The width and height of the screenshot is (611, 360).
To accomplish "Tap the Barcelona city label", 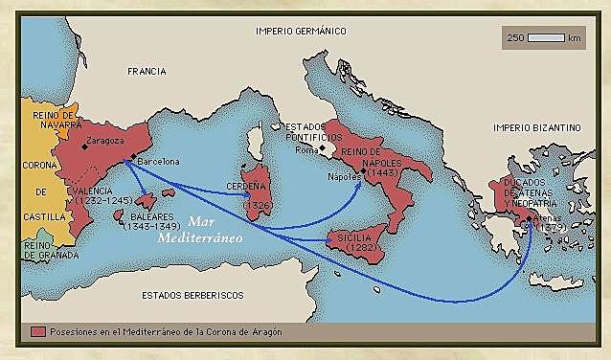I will tap(158, 162).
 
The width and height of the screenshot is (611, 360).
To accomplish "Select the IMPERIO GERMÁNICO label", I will tap(300, 31).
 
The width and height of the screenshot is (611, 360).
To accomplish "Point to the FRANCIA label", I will tap(147, 71).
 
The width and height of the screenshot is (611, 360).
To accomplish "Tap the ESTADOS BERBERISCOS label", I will tap(192, 294).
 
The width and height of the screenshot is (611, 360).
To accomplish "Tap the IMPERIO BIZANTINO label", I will tap(536, 126).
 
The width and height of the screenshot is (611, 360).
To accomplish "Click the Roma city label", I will tap(307, 149).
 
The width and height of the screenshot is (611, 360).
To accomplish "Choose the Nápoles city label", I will tap(345, 177).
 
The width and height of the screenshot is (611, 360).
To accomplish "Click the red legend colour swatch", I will tap(38, 331).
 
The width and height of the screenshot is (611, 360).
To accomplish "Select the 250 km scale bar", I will tap(546, 38).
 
